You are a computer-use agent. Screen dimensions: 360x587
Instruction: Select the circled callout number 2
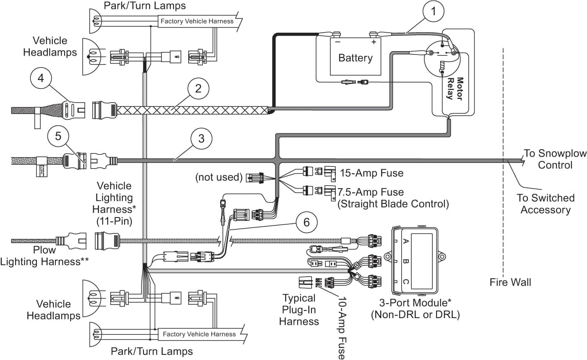coord(198,88)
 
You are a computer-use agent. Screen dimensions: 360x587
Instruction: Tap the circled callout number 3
coord(201,139)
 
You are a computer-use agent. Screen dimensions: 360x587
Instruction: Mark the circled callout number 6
coord(306,222)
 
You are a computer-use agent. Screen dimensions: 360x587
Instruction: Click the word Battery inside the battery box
coord(355,57)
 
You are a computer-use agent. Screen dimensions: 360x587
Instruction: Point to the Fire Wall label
coord(510,282)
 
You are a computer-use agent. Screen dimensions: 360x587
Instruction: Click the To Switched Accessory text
coord(545,203)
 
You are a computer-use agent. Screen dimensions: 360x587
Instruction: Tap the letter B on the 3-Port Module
coord(405,262)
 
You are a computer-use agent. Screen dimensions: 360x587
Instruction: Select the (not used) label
coord(219,177)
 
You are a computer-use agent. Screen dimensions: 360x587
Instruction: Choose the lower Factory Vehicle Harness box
coord(199,334)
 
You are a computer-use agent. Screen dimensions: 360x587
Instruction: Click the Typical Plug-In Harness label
coord(299,310)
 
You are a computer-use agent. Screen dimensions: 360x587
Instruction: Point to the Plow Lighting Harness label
coord(44,256)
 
